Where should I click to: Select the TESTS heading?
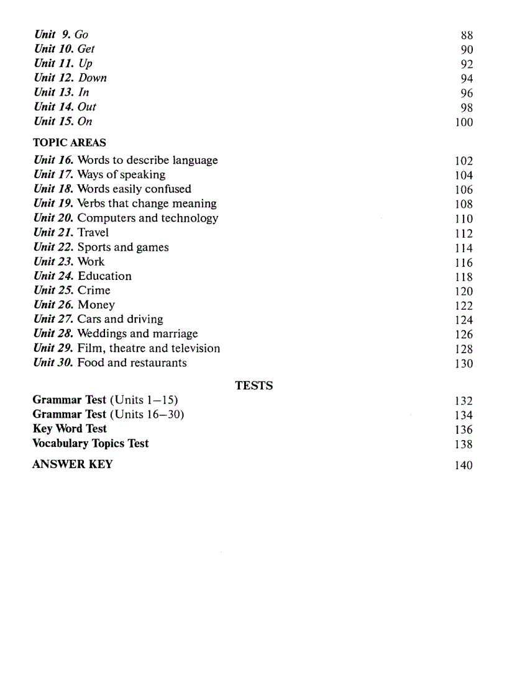[253, 385]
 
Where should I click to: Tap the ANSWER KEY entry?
[72, 464]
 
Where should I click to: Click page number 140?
[464, 465]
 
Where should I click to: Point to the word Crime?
[94, 290]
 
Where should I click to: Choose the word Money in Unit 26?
[96, 305]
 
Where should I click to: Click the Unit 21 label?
[54, 233]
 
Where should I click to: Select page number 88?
[467, 35]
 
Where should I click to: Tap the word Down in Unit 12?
[93, 78]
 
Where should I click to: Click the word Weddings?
[102, 334]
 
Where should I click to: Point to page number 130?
[464, 364]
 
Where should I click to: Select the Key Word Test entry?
[70, 429]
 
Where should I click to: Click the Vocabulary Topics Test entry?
[91, 443]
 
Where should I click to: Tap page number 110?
[464, 218]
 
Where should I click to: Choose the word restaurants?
[155, 362]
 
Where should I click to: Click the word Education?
[104, 276]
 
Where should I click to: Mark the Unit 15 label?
[54, 122]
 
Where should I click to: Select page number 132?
[464, 401]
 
